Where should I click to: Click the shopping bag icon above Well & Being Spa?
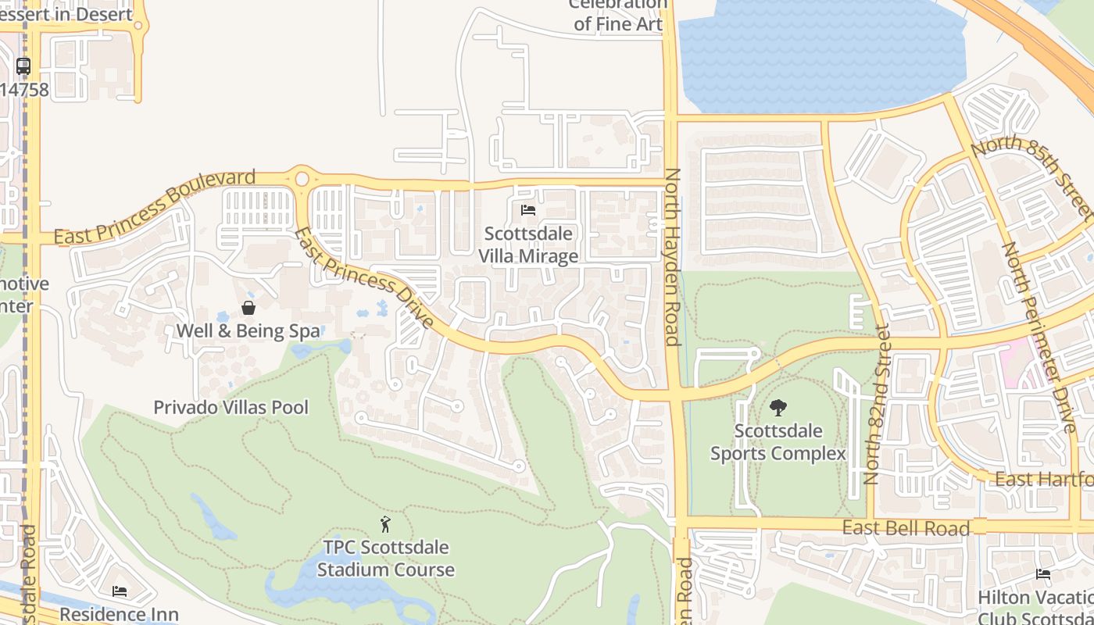248,308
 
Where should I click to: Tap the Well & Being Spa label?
248,330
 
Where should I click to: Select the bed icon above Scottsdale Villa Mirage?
528,210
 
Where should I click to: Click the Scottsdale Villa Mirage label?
528,245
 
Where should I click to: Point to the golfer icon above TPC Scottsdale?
384,524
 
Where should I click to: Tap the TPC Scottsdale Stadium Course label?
385,559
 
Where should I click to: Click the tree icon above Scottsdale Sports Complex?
778,407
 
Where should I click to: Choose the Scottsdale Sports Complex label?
778,442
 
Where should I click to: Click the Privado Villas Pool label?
231,407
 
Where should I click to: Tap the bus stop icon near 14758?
23,66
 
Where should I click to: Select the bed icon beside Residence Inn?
120,591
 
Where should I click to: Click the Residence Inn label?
119,615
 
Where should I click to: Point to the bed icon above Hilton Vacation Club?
1043,574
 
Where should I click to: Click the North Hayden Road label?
671,257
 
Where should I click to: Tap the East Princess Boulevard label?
154,207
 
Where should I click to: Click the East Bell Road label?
906,528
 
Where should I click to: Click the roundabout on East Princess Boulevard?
302,179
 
